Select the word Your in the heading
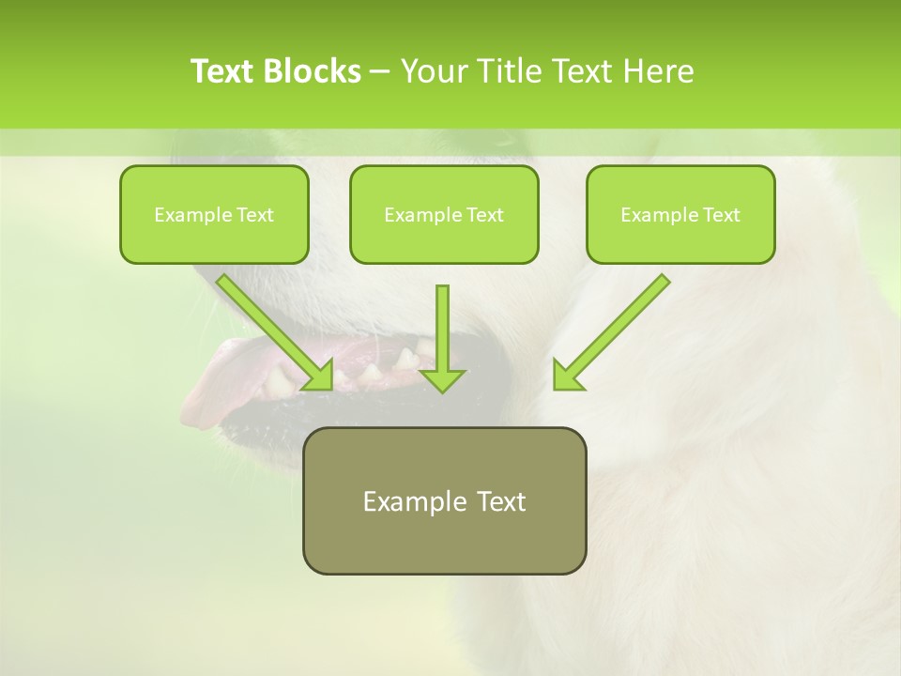click(435, 71)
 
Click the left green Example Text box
click(214, 214)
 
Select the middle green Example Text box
click(444, 214)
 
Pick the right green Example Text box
click(680, 214)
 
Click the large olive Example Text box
click(444, 500)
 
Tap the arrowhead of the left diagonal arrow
click(319, 376)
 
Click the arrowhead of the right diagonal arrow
click(567, 376)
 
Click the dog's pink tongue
click(211, 376)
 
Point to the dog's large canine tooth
click(406, 358)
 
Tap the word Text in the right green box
click(721, 215)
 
